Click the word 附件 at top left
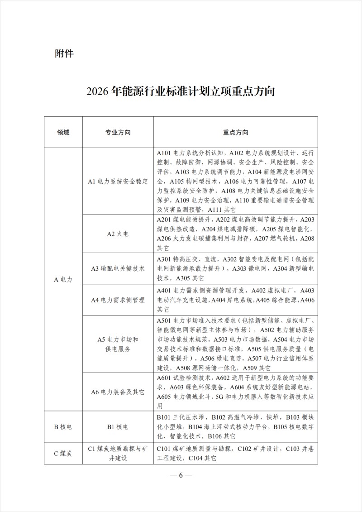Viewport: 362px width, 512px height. coord(64,53)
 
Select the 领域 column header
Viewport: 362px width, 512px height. coord(64,133)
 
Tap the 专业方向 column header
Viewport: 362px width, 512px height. coord(118,133)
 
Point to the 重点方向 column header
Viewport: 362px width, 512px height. coord(235,133)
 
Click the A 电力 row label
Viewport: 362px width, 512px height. coord(63,279)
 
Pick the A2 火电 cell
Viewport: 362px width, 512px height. coord(118,234)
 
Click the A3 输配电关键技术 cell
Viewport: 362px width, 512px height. coord(118,268)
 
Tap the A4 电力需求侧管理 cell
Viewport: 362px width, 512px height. coord(118,300)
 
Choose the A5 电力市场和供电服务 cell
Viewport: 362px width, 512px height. coord(118,344)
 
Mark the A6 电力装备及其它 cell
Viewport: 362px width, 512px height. coord(118,392)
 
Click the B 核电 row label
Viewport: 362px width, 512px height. coord(63,426)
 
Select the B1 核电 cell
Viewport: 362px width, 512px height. coord(118,426)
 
